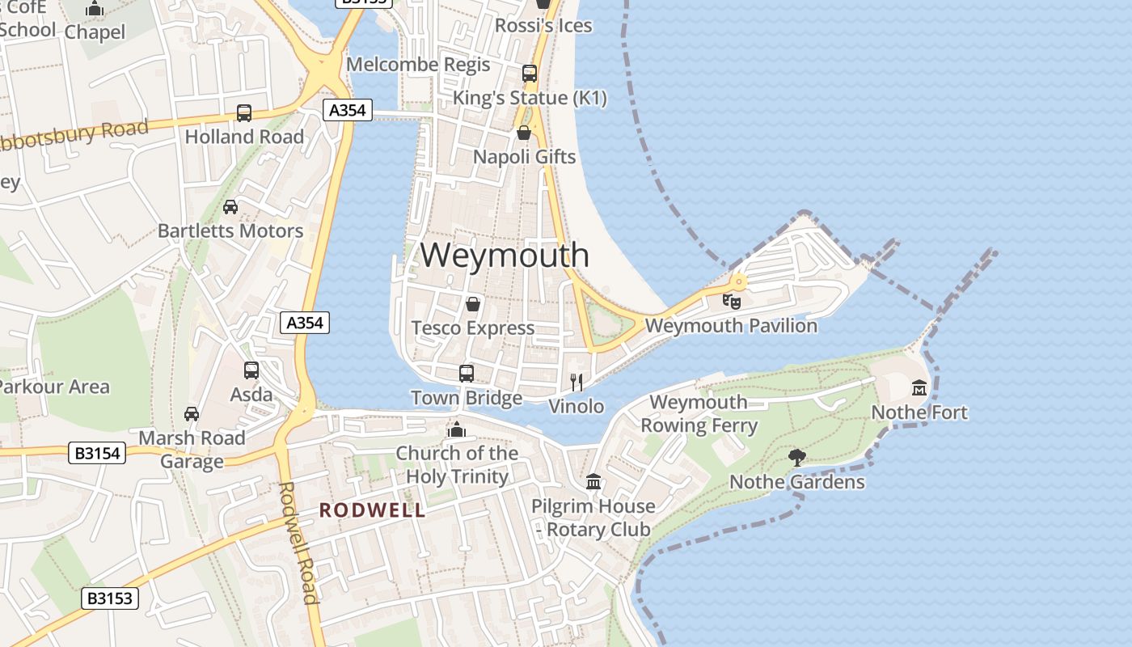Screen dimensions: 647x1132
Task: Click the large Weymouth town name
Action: point(505,255)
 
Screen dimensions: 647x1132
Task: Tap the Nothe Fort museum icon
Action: point(919,387)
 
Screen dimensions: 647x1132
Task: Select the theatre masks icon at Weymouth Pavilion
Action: point(732,302)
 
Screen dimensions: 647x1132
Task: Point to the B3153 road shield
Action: point(110,599)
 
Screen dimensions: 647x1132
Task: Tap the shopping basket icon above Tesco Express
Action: point(473,304)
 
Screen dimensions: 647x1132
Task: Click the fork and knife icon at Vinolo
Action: point(577,382)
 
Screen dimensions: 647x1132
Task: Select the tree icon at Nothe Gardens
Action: point(796,458)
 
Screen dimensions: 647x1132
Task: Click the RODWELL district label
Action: point(372,510)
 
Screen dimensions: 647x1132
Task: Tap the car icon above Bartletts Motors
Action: point(230,207)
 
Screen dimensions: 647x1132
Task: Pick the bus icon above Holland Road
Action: point(244,113)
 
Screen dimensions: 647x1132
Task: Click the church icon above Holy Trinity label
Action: point(457,429)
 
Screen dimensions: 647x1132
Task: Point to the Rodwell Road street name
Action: point(297,542)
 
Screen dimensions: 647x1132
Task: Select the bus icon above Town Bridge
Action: point(467,374)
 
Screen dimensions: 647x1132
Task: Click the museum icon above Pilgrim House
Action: point(593,482)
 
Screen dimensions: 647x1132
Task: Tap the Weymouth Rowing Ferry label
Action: point(699,413)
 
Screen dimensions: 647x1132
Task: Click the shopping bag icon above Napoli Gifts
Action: point(524,133)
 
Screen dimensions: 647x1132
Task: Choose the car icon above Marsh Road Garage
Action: point(192,414)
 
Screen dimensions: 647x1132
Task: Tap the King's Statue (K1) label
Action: point(530,98)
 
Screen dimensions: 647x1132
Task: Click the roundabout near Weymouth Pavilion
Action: point(738,281)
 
